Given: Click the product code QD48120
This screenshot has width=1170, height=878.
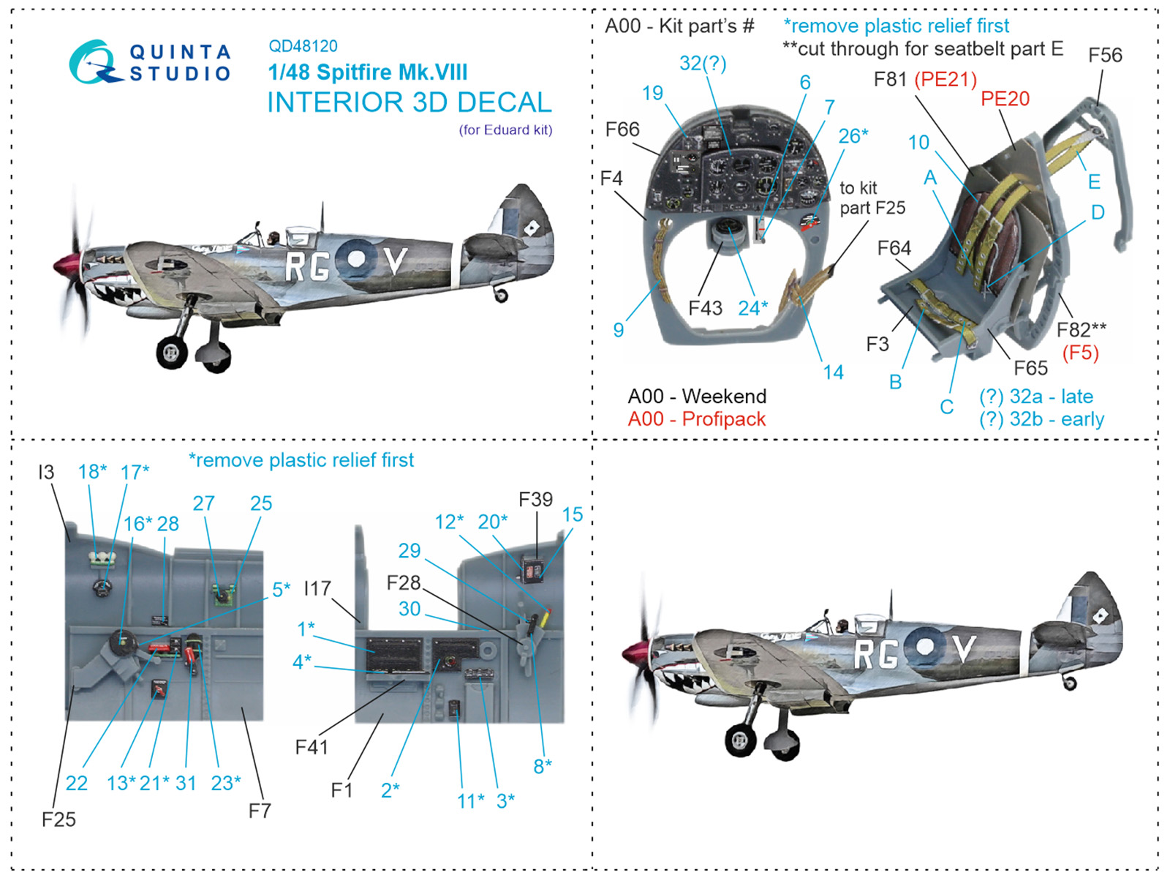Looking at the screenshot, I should point(303,46).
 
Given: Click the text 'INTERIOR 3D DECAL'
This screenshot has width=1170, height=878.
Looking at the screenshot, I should point(409,102).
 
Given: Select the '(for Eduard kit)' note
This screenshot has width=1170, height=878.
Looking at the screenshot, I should point(505,130).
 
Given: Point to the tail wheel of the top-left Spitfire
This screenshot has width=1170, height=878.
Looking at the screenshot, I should point(501,296).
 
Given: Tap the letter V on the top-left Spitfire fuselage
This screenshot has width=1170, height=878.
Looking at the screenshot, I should point(395,260).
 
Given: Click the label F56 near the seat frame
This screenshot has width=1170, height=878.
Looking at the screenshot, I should point(1105,56).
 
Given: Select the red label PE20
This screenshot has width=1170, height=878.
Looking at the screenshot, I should point(1005,99).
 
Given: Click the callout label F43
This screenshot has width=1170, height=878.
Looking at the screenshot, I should point(705,309).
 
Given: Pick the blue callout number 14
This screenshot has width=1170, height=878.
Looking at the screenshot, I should point(833,372).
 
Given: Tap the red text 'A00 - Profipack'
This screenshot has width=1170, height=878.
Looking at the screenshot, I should point(696,419).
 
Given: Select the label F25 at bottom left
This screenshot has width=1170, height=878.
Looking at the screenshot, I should point(58,819).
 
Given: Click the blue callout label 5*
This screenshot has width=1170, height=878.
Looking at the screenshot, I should point(282,589).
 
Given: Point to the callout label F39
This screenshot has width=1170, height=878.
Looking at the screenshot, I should point(535,500).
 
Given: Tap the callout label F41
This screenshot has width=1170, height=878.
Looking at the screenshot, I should point(312,747).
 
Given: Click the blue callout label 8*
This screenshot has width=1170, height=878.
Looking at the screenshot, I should point(543,766).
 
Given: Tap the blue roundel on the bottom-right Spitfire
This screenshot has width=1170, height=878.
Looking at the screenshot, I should point(925,646).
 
